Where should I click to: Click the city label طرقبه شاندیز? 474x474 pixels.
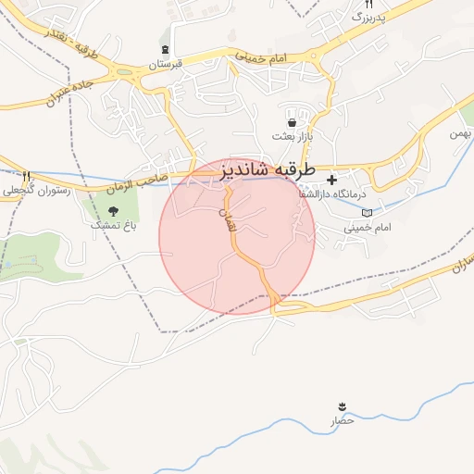(268, 171)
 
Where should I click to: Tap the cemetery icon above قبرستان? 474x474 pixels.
(166, 51)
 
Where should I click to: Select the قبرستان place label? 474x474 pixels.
(168, 66)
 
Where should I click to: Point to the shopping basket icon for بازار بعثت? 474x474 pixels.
(293, 122)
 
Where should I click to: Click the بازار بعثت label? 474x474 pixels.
(293, 136)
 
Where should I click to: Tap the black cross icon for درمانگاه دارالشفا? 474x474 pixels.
(332, 179)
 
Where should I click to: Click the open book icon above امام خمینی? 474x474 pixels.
(368, 212)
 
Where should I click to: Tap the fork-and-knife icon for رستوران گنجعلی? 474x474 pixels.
(26, 176)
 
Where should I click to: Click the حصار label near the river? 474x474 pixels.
(343, 421)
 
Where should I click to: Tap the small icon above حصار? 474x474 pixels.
(343, 407)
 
